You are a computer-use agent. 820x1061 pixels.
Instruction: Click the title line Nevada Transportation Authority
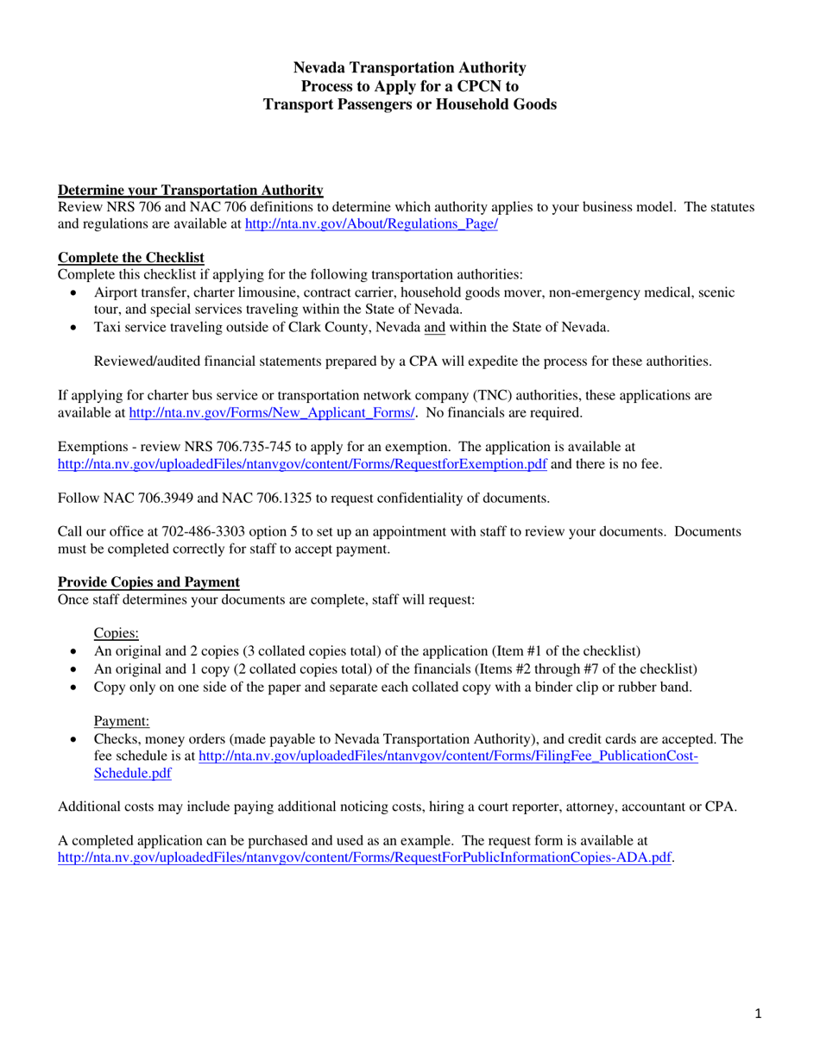pyautogui.click(x=409, y=67)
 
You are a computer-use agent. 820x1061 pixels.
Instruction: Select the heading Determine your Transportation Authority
pyautogui.click(x=190, y=190)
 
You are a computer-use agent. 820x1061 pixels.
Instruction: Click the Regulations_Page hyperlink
pyautogui.click(x=371, y=223)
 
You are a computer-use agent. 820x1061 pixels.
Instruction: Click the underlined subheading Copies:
pyautogui.click(x=116, y=632)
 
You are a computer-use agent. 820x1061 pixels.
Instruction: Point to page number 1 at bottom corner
pyautogui.click(x=758, y=1015)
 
